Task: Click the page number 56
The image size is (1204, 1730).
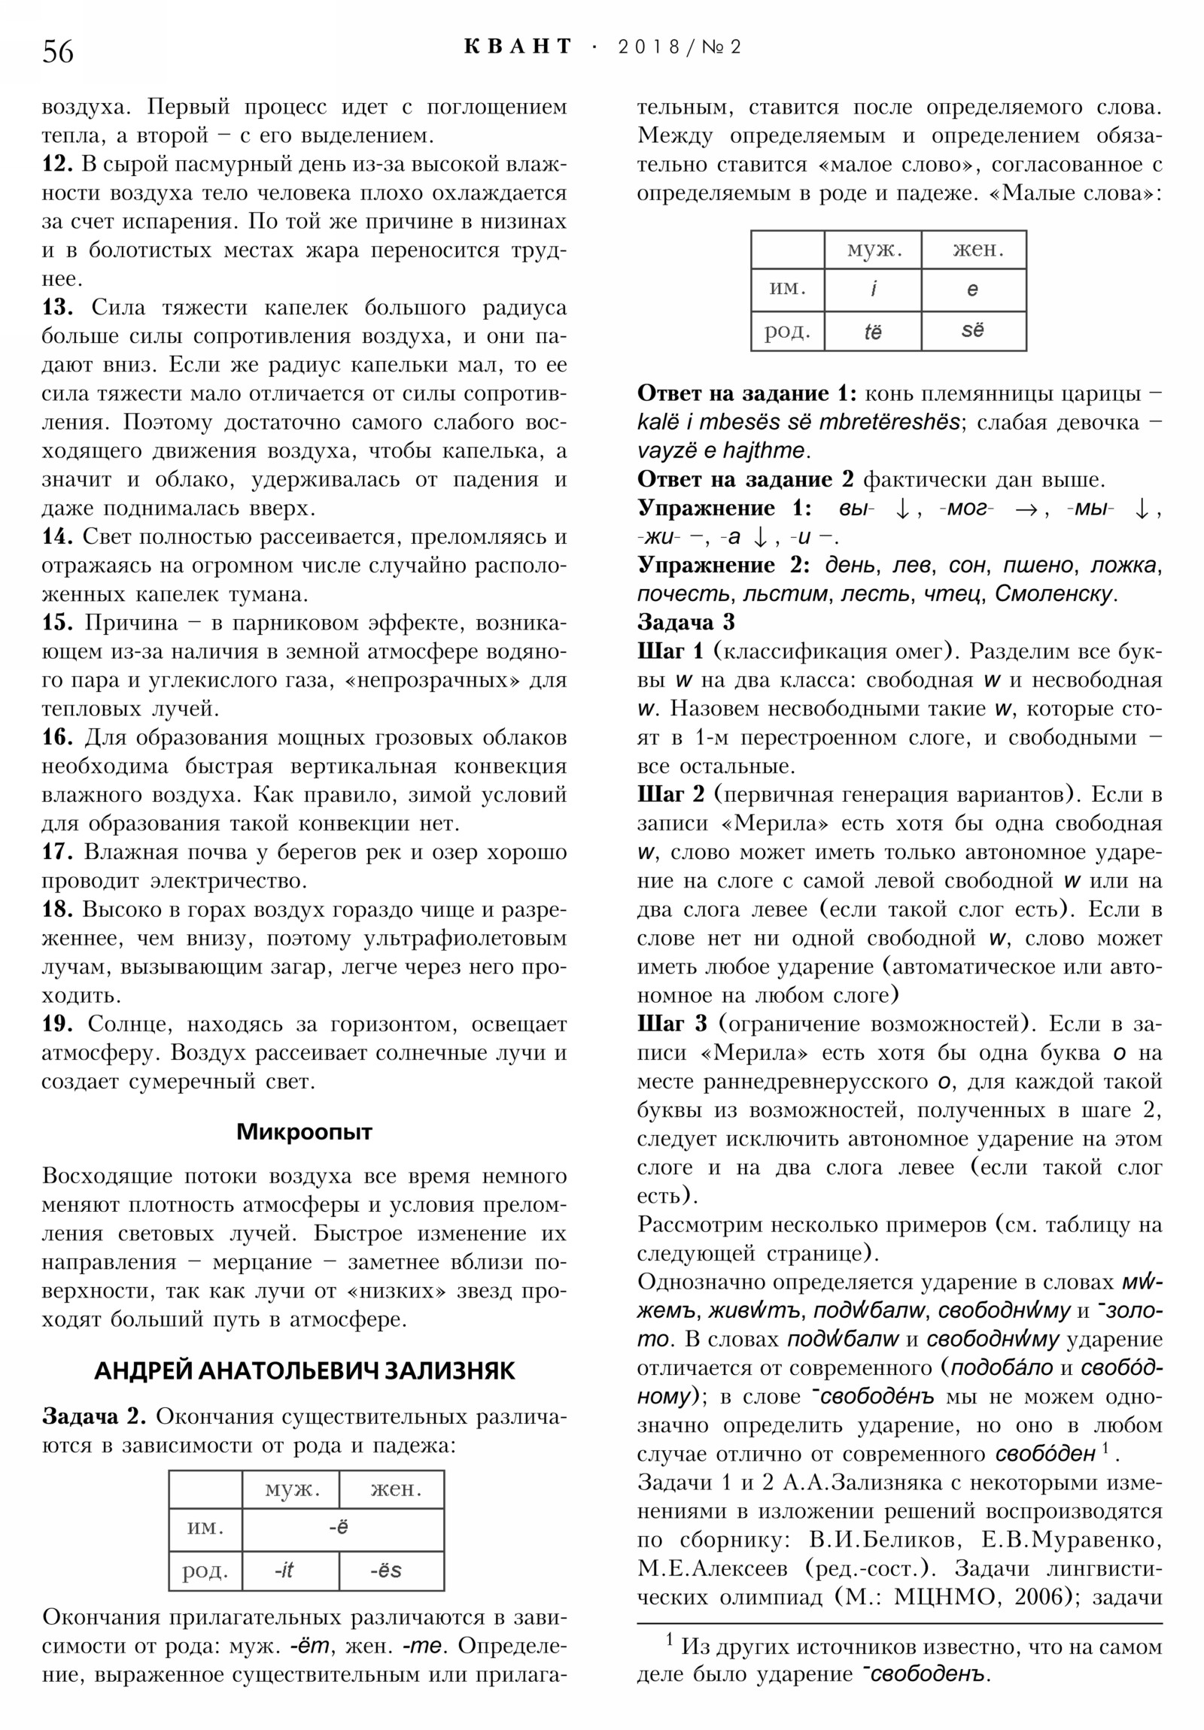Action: point(58,52)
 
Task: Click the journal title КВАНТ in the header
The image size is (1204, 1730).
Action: point(518,47)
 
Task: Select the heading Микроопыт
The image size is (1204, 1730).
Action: point(304,1132)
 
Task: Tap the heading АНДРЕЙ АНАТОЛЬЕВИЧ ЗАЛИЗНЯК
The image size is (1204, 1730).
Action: point(304,1370)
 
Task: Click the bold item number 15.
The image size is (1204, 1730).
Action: point(57,623)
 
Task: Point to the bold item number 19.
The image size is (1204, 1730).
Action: point(57,1024)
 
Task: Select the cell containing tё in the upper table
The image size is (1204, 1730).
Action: point(872,332)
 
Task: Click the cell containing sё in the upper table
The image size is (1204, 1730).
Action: point(972,330)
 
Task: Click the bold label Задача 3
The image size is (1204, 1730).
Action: point(686,622)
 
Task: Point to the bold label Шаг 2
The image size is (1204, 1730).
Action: point(671,795)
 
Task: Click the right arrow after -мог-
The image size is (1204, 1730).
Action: point(1026,509)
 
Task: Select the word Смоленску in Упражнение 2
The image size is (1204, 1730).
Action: point(1056,593)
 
